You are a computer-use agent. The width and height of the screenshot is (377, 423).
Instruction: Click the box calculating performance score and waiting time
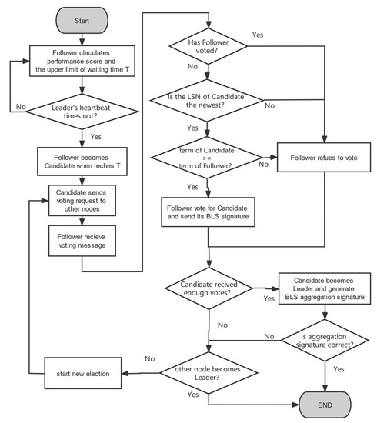82,59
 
